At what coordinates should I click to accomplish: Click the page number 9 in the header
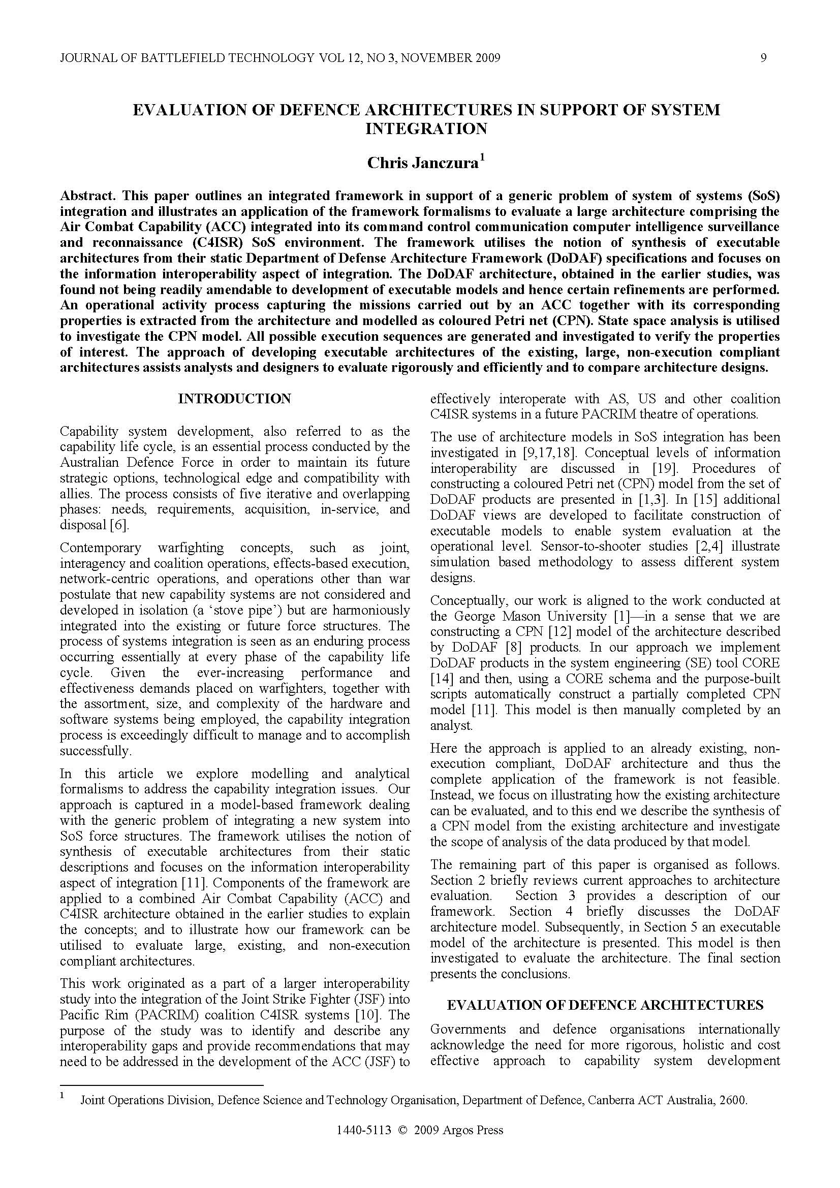(x=763, y=58)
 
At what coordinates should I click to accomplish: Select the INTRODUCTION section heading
(x=234, y=398)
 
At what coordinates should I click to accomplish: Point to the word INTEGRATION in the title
(x=426, y=129)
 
